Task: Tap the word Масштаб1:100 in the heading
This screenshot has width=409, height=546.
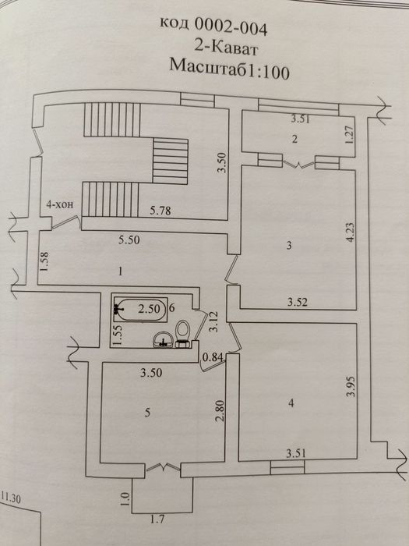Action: click(x=230, y=69)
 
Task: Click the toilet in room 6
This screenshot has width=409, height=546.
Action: click(x=182, y=334)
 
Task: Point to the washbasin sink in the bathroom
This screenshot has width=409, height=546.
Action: click(x=164, y=339)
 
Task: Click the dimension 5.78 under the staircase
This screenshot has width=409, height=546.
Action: click(x=160, y=210)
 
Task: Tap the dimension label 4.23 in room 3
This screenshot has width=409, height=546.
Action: click(x=350, y=232)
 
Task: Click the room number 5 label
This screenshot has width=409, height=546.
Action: click(x=147, y=413)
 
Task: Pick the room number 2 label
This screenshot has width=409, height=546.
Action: click(x=295, y=140)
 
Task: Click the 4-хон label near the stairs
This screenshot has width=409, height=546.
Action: click(x=60, y=204)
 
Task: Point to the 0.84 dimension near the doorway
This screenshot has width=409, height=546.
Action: click(x=213, y=357)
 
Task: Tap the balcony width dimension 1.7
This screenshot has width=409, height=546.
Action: click(x=157, y=520)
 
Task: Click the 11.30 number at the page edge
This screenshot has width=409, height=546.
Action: click(x=10, y=498)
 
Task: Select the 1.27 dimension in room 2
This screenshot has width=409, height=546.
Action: click(x=350, y=133)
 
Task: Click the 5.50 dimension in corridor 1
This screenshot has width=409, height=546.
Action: click(x=129, y=239)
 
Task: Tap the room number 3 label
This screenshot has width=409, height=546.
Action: click(x=289, y=246)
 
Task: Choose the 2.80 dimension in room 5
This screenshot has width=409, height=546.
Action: click(x=220, y=411)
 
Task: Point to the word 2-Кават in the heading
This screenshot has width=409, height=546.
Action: click(x=225, y=48)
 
